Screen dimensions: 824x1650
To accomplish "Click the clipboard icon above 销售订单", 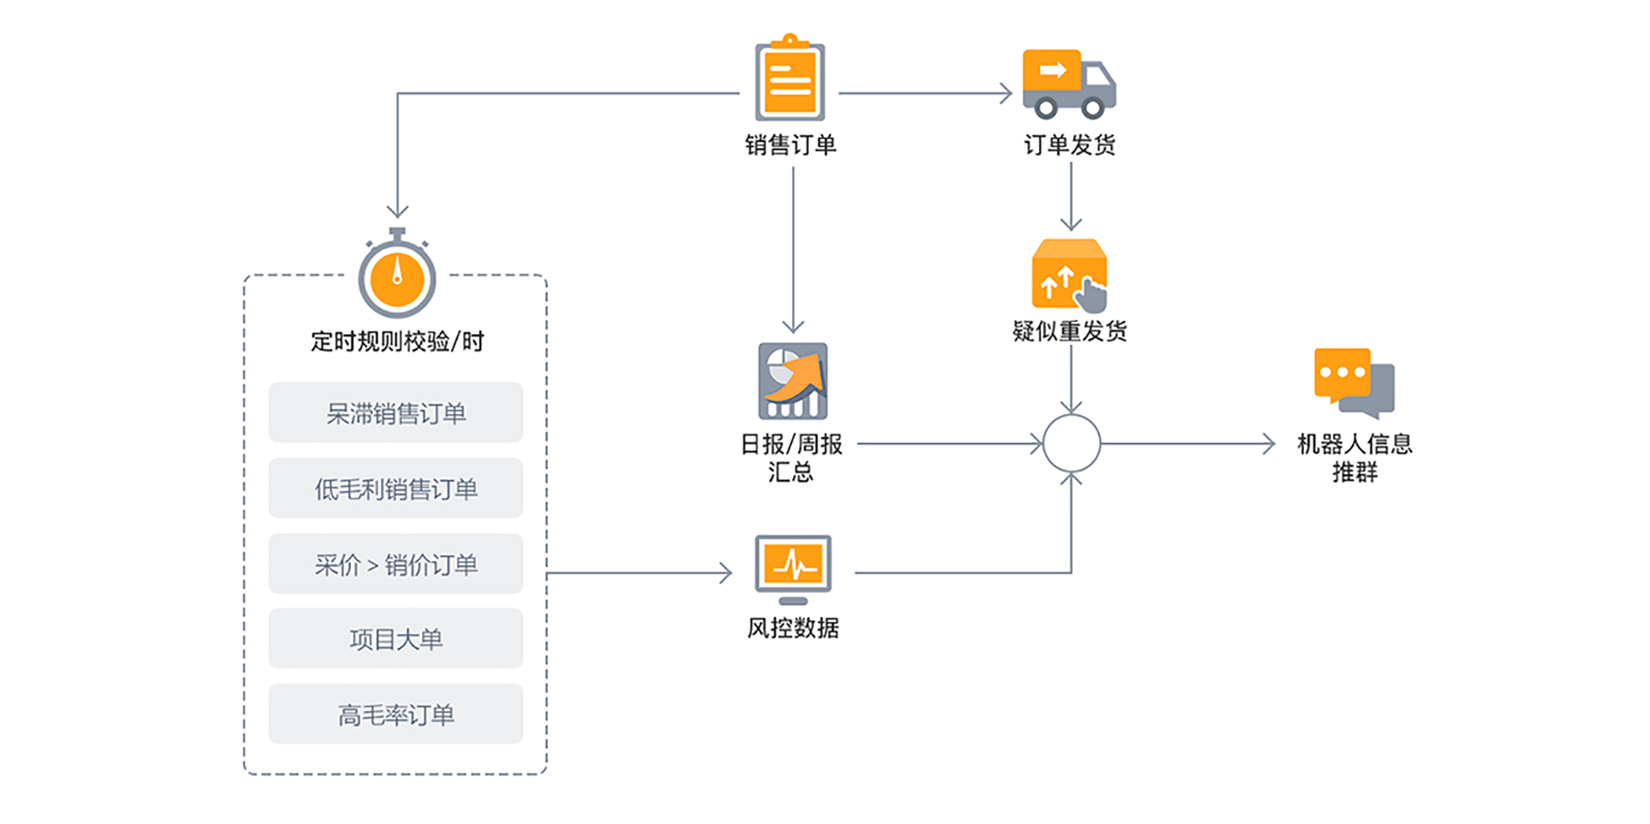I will coord(790,79).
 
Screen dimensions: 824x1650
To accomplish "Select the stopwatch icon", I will coord(397,275).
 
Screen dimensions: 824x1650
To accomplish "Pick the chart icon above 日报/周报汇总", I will coord(793,381).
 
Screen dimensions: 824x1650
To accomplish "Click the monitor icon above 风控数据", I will coord(793,568).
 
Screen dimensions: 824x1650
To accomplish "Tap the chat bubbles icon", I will coord(1353,382).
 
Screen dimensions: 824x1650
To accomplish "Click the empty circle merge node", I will coord(1071,444).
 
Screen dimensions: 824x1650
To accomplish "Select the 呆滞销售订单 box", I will coord(395,413).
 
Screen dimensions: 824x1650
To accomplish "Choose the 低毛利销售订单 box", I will coord(395,488).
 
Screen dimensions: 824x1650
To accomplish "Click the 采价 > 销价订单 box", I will coord(395,564).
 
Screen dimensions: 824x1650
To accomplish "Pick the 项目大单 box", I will coord(395,638).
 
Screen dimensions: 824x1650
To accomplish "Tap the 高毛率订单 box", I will coord(395,714).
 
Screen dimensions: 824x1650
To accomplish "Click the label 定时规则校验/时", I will coord(397,341).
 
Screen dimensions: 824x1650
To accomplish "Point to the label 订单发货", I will coord(1069,145).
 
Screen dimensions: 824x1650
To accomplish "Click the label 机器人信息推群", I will coord(1354,457).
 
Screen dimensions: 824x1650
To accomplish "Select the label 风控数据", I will coord(793,628).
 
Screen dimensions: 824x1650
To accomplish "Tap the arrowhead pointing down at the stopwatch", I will coord(397,211).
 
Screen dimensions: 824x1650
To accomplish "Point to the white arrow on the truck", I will coord(1053,69).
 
